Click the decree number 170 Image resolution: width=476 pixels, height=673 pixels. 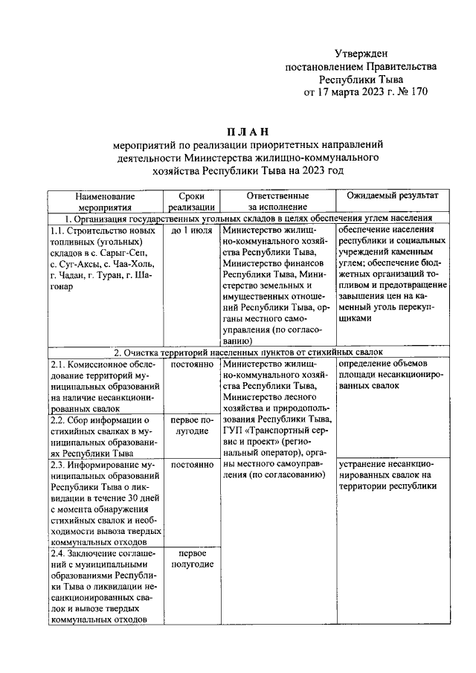(418, 92)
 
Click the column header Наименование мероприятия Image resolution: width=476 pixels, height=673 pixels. (103, 201)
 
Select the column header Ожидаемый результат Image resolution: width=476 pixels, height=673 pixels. (393, 195)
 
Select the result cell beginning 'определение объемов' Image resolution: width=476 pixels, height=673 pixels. (392, 376)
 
